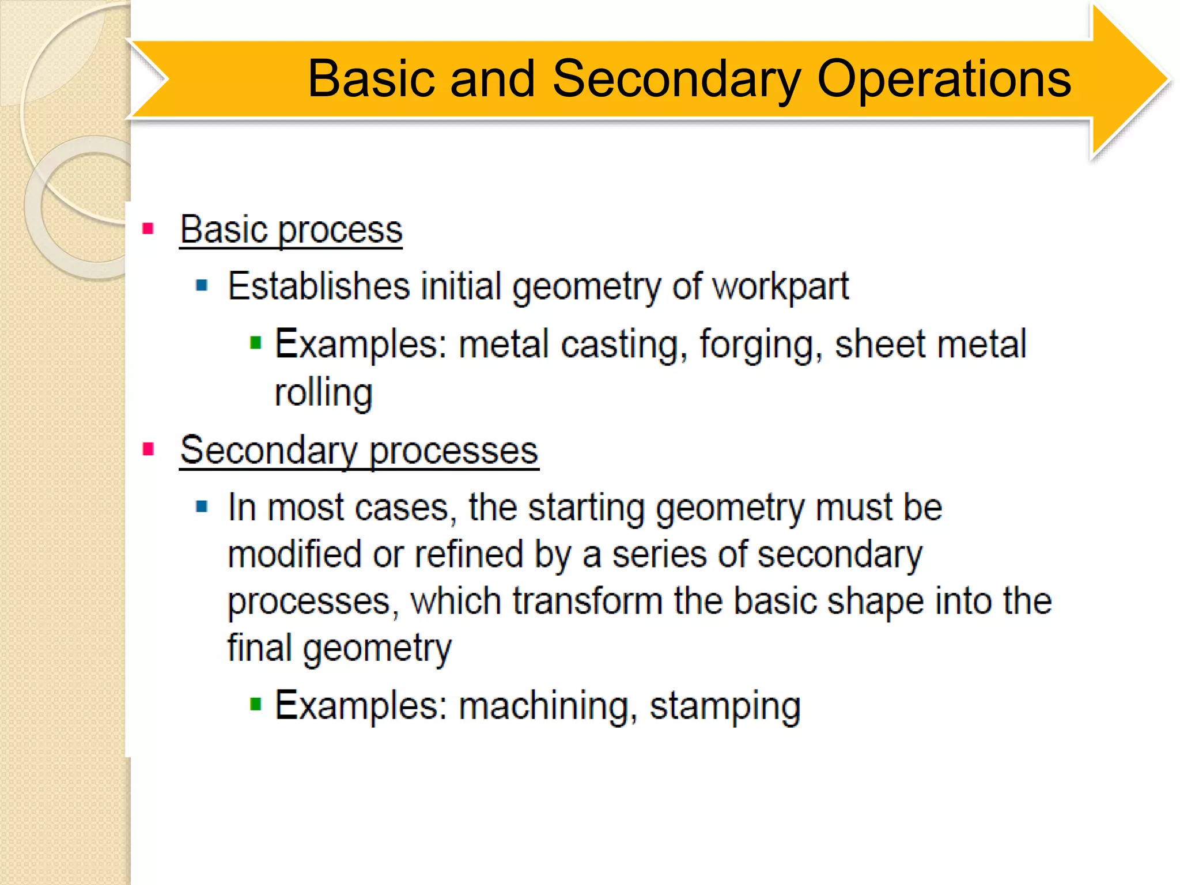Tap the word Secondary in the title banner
676,80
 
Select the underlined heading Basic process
291,230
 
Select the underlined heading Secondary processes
359,451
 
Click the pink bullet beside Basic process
148,229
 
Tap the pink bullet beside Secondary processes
148,449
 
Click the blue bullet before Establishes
202,285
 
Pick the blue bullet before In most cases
202,506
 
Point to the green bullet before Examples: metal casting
256,343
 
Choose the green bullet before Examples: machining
256,704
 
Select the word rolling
323,394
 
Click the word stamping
725,706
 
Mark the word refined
468,554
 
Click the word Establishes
319,286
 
